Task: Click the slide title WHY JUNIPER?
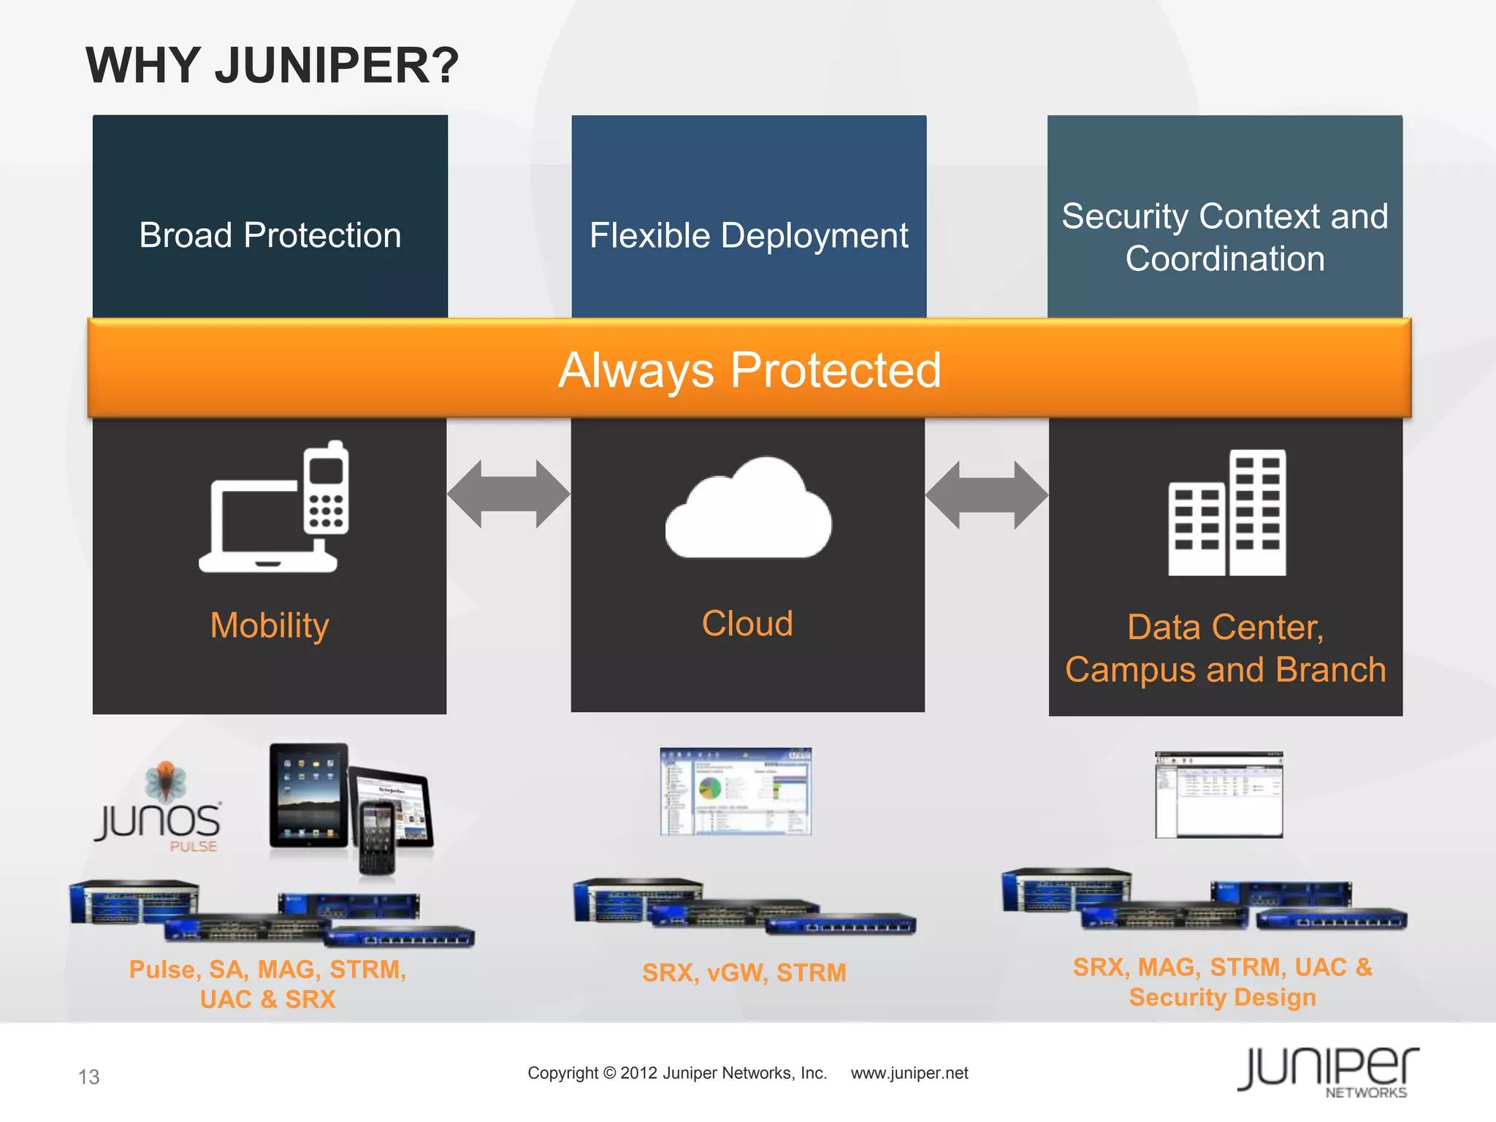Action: tap(272, 66)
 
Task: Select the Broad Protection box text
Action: tap(270, 235)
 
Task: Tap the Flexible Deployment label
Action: tap(748, 235)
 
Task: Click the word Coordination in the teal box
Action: tap(1224, 259)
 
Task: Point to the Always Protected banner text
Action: tap(749, 370)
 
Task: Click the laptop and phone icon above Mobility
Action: tap(274, 508)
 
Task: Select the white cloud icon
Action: tap(748, 509)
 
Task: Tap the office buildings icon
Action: tap(1226, 513)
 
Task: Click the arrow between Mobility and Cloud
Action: tap(508, 494)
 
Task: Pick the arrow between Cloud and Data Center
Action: tap(986, 495)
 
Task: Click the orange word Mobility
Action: tap(270, 625)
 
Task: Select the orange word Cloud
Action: tap(747, 623)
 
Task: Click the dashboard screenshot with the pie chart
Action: tap(735, 791)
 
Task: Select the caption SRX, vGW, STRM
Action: tap(744, 972)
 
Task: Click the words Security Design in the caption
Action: tap(1222, 997)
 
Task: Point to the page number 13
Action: tap(88, 1077)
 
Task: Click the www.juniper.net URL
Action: tap(909, 1073)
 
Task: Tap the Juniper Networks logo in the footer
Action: tap(1327, 1072)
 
